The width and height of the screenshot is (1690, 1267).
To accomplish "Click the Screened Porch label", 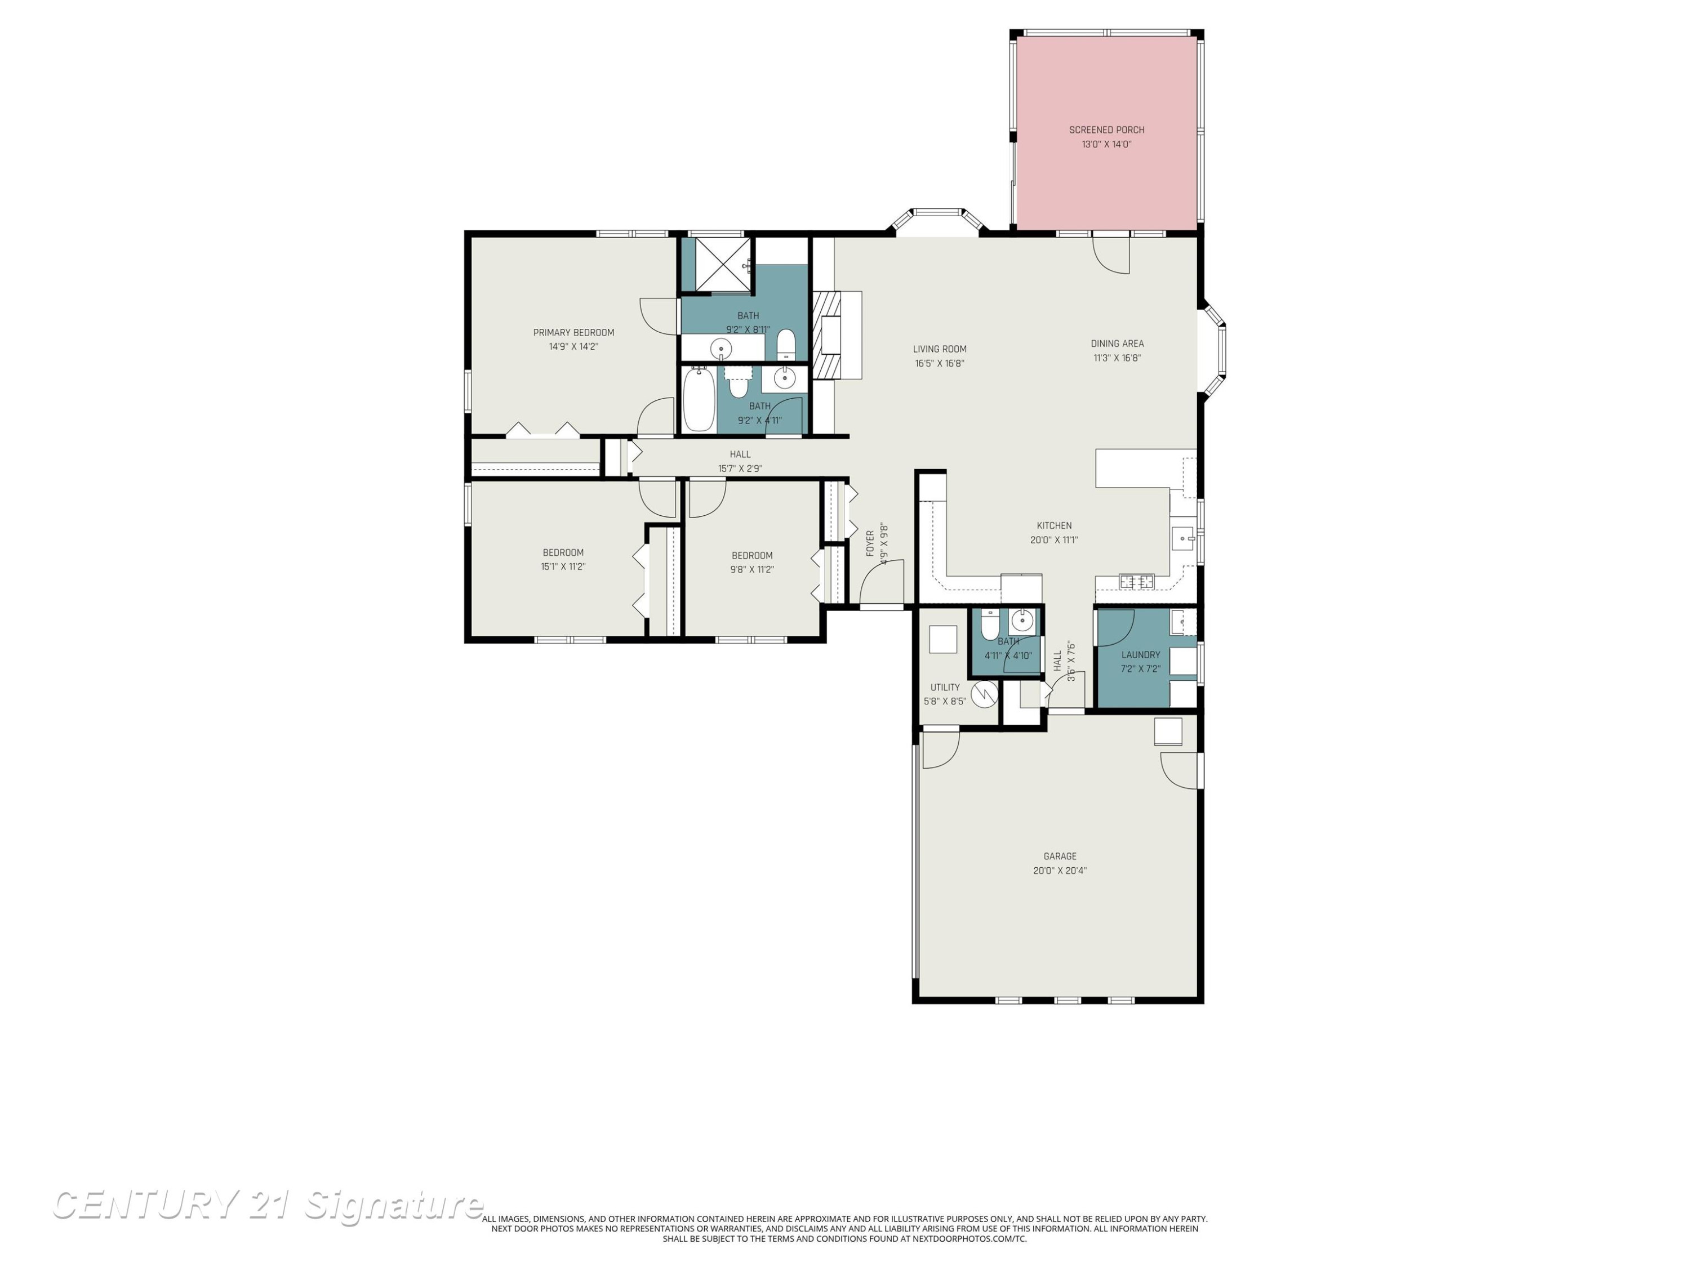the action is (1106, 130).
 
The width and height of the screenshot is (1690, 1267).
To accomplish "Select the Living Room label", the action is (940, 350).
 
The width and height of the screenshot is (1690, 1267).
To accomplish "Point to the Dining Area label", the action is (1117, 343).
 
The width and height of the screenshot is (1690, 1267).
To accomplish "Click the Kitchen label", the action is (1055, 525).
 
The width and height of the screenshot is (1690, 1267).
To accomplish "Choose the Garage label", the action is (1060, 856).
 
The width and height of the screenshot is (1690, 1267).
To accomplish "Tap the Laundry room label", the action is (1141, 654).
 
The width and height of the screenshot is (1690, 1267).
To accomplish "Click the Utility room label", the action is (945, 688).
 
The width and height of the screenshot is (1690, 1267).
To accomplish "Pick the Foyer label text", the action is (870, 543).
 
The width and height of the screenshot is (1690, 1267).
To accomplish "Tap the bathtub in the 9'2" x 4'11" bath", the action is (699, 399).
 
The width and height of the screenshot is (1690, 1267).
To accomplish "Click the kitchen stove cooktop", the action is (1137, 582).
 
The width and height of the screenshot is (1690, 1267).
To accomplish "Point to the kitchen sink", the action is (1182, 538).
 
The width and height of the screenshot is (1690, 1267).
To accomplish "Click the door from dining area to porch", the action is (1111, 253).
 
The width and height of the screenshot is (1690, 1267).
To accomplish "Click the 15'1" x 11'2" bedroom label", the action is (563, 560).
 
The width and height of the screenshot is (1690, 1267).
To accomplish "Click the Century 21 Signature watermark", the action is (268, 1205).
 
